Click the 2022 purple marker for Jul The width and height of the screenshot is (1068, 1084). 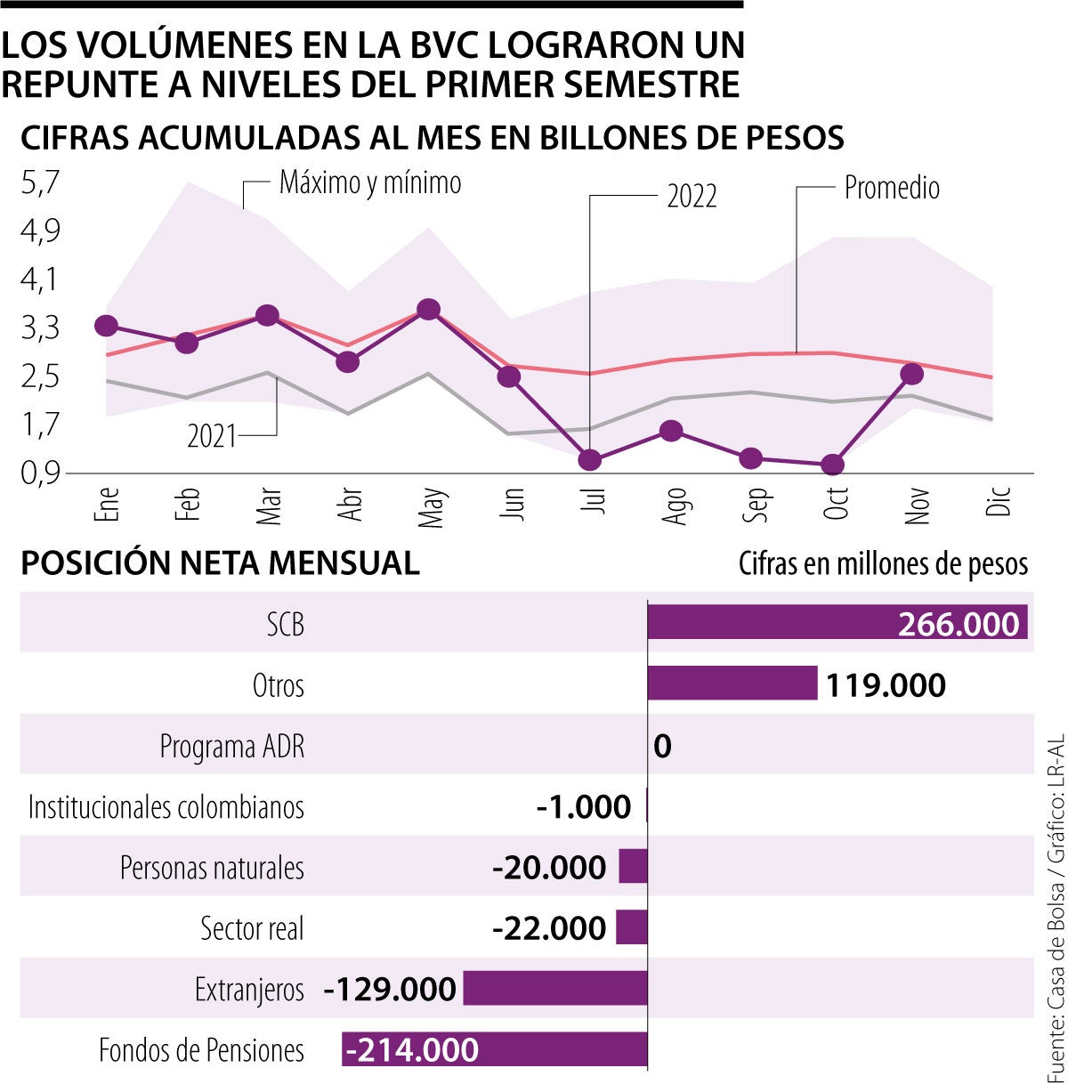click(589, 460)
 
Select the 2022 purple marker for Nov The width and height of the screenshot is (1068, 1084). click(911, 374)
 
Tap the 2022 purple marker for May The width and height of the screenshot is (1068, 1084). click(429, 309)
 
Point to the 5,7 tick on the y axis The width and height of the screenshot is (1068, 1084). click(40, 183)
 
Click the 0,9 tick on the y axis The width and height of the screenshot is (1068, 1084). click(40, 473)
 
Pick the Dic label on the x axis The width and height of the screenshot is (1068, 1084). click(999, 501)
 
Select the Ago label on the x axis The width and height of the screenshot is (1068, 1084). click(676, 505)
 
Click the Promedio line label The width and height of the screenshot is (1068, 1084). click(892, 188)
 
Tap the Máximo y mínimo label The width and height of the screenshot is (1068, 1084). click(370, 182)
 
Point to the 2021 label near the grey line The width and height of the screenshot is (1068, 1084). click(212, 436)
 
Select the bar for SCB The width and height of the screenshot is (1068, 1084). click(837, 622)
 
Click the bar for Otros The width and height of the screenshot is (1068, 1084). click(732, 683)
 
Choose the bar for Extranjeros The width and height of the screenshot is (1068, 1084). click(555, 988)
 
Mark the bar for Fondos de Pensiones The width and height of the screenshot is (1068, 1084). click(495, 1049)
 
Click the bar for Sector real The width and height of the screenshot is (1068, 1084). click(632, 927)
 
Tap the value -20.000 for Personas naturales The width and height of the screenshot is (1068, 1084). click(549, 868)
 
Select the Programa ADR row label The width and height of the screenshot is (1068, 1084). click(232, 746)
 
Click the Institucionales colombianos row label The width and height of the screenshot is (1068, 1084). click(166, 807)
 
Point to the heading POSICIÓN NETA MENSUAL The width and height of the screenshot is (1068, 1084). click(220, 563)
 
